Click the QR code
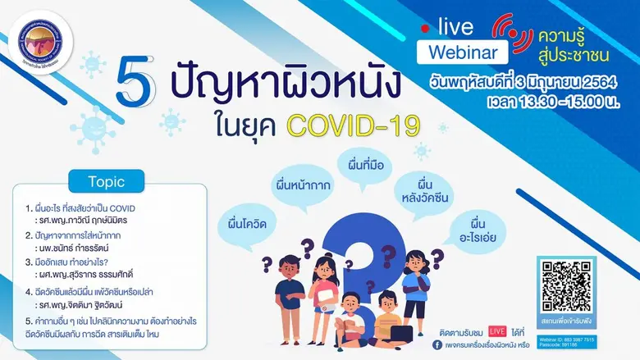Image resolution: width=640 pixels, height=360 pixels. click(566, 286)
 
